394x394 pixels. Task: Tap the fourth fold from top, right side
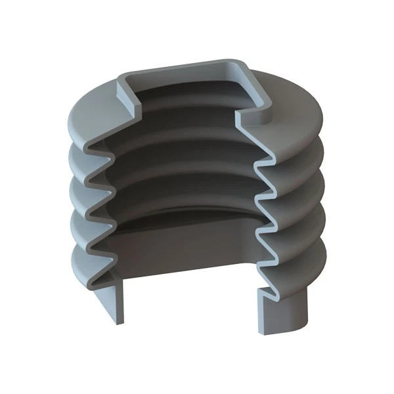[x=312, y=227]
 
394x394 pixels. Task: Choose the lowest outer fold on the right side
[x=309, y=259]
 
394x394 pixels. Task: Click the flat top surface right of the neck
[x=295, y=105]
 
